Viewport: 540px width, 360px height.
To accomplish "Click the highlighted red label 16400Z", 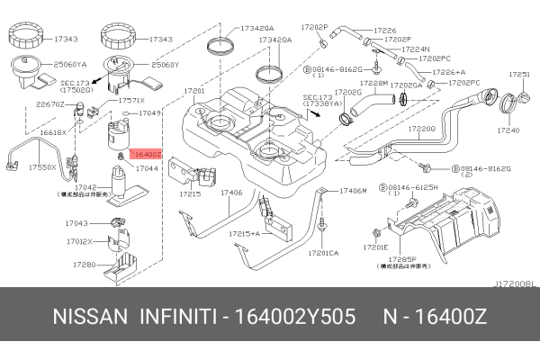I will pyautogui.click(x=147, y=155).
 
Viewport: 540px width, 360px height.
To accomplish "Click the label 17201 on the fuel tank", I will pyautogui.click(x=193, y=92).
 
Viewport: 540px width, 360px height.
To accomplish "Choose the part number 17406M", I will pyautogui.click(x=352, y=192).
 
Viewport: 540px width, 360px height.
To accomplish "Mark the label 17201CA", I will pyautogui.click(x=322, y=253).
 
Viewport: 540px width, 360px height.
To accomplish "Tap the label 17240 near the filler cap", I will pyautogui.click(x=508, y=130).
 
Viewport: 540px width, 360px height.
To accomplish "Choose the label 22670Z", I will pyautogui.click(x=49, y=103).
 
